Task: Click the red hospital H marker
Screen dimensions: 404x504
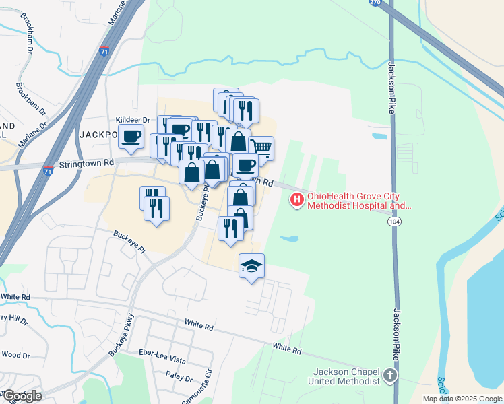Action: (296, 199)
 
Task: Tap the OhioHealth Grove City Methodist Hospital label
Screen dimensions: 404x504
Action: (358, 202)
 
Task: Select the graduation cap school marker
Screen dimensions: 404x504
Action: (252, 266)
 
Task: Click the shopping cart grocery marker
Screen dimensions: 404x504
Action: (261, 147)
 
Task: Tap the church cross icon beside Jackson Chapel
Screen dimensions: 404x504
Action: (389, 376)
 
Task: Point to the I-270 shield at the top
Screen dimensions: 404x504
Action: (375, 3)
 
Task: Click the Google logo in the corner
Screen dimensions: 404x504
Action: (22, 396)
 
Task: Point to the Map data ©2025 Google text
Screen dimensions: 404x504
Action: (462, 399)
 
